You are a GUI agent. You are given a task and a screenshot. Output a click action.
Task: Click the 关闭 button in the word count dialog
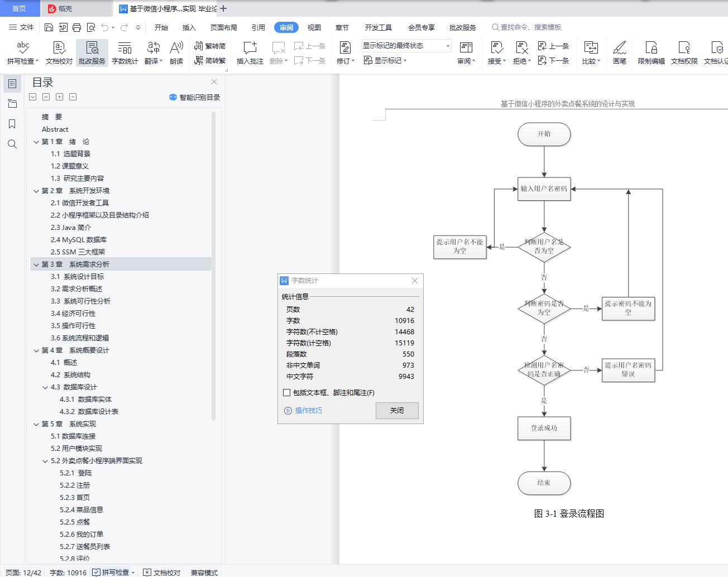point(397,411)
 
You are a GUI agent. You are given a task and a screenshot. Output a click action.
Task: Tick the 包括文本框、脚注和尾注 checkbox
point(287,393)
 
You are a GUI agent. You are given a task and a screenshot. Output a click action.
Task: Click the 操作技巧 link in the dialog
point(308,411)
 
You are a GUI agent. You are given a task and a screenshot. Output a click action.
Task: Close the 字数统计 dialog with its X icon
point(414,281)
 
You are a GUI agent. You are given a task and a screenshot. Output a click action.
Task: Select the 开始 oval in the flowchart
point(544,134)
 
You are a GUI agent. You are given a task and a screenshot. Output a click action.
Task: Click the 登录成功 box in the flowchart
point(544,429)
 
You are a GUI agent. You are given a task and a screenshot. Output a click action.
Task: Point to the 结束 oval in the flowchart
point(544,483)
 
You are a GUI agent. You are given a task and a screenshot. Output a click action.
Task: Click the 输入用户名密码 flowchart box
point(544,189)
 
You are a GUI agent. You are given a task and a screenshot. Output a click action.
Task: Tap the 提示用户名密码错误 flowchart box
point(628,369)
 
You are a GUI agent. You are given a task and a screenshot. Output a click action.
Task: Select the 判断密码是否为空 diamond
point(544,308)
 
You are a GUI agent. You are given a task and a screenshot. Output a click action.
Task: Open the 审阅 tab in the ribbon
point(286,27)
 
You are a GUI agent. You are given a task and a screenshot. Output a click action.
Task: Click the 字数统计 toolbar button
point(124,53)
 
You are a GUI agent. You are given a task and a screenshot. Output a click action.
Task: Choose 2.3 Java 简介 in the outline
point(71,228)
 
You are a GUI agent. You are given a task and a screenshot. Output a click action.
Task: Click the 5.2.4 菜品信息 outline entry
point(82,510)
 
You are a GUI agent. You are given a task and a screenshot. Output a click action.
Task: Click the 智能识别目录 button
point(195,98)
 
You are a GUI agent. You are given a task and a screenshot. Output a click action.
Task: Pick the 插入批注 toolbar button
point(250,53)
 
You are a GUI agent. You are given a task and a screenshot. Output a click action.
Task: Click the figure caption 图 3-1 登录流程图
point(569,514)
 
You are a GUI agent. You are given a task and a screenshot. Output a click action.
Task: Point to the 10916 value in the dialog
point(404,321)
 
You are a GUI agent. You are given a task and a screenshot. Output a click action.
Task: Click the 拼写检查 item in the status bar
point(114,573)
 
